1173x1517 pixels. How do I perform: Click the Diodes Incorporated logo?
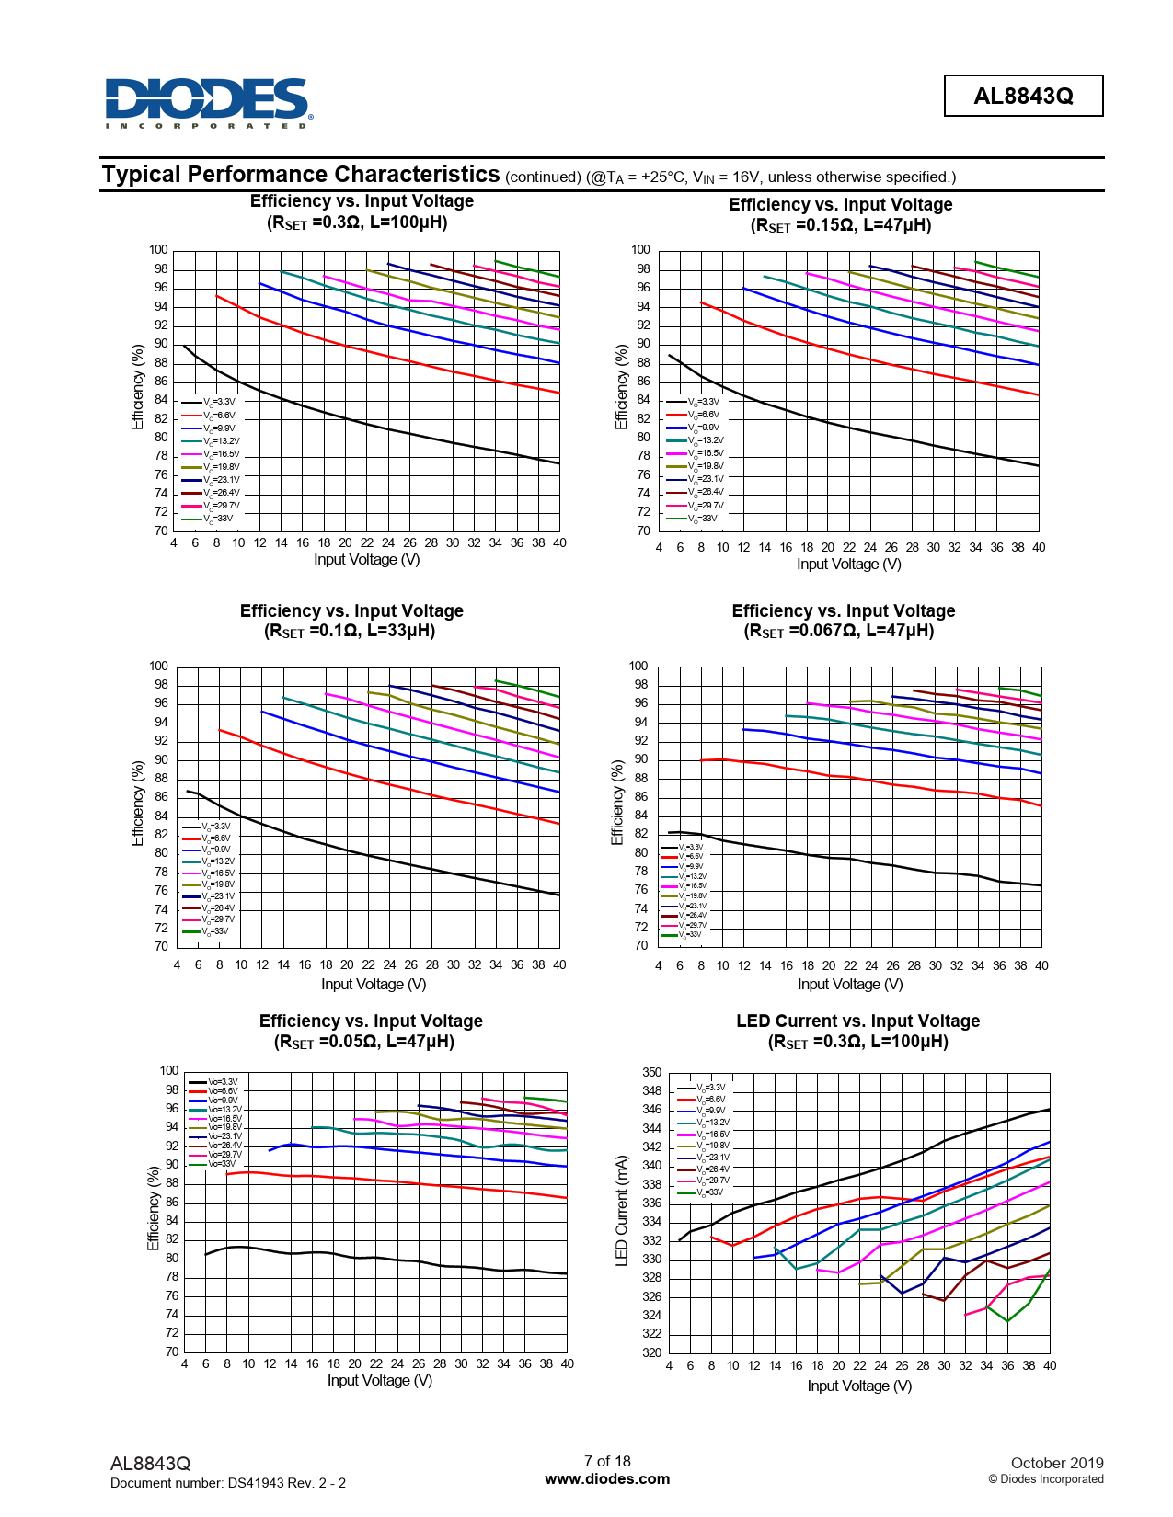click(x=209, y=102)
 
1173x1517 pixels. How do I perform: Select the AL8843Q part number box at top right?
click(x=1023, y=96)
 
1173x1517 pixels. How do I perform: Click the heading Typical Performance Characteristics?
click(x=301, y=175)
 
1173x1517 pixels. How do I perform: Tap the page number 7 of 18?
click(x=607, y=1461)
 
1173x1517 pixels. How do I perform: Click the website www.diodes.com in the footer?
click(x=607, y=1478)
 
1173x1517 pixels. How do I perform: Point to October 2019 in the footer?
click(x=1056, y=1463)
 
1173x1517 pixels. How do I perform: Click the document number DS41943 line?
click(x=228, y=1482)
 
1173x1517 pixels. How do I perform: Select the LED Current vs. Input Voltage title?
click(x=857, y=1021)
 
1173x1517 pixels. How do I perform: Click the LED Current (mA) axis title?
click(x=621, y=1211)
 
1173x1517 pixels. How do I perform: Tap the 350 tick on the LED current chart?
click(x=651, y=1072)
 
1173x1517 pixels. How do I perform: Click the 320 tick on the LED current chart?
click(x=651, y=1352)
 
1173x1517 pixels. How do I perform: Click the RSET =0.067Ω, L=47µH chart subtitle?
click(x=838, y=631)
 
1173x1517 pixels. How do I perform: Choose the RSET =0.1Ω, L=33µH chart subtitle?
click(x=350, y=631)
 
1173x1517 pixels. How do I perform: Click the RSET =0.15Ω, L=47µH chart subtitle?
click(x=841, y=225)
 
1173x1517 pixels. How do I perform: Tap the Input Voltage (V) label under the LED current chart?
click(x=859, y=1386)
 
